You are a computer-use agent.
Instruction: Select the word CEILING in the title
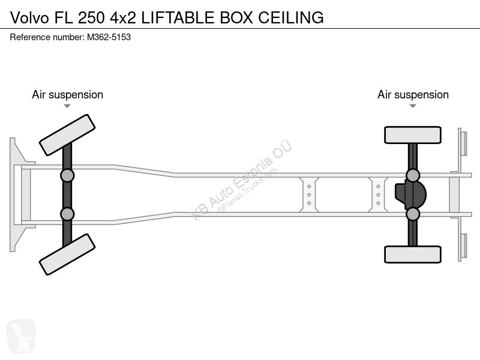point(290,17)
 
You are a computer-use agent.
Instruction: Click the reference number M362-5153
point(109,37)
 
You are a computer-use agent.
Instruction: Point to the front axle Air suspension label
point(67,95)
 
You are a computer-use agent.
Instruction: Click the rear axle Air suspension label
point(413,95)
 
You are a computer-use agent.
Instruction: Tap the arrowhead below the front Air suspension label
point(67,106)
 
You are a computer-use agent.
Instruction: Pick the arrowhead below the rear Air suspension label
point(413,106)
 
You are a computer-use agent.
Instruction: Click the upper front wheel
point(67,135)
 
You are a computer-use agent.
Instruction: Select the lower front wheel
point(67,254)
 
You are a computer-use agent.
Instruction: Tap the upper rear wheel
point(413,135)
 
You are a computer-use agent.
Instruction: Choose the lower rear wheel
point(413,254)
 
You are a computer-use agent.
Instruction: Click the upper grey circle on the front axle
point(67,175)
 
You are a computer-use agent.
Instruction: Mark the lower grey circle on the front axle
point(67,214)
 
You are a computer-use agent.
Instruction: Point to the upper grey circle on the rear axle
point(413,175)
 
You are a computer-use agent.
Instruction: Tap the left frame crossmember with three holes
point(309,194)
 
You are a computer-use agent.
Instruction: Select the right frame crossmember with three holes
point(378,194)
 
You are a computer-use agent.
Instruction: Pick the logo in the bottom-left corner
point(21,336)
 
